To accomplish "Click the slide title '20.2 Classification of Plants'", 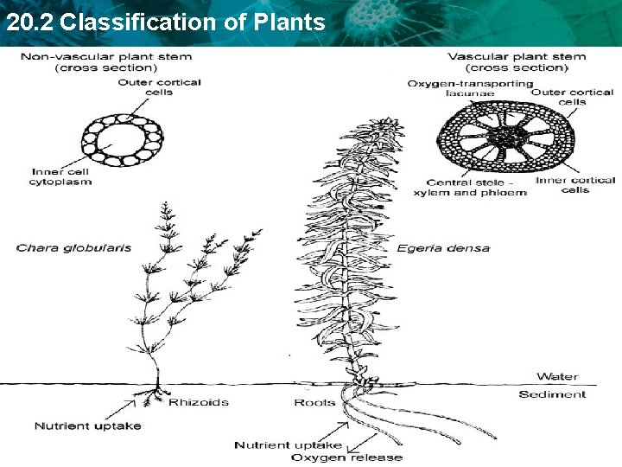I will pyautogui.click(x=165, y=22).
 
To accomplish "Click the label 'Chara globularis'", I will pyautogui.click(x=73, y=248).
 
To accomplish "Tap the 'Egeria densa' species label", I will pyautogui.click(x=443, y=248).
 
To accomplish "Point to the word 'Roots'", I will pyautogui.click(x=314, y=402).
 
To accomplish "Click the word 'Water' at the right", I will pyautogui.click(x=557, y=376).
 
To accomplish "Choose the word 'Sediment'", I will pyautogui.click(x=552, y=394).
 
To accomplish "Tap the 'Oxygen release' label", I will pyautogui.click(x=346, y=457).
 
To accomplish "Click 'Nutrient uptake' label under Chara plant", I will pyautogui.click(x=87, y=425).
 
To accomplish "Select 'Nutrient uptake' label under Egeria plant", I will pyautogui.click(x=289, y=445).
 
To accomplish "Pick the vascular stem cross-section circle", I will pyautogui.click(x=505, y=137).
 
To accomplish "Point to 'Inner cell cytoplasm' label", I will pyautogui.click(x=61, y=176).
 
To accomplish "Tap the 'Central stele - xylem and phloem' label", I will pyautogui.click(x=476, y=188).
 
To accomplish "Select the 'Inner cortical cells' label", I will pyautogui.click(x=575, y=185).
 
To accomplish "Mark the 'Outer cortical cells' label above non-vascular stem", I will pyautogui.click(x=160, y=87).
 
